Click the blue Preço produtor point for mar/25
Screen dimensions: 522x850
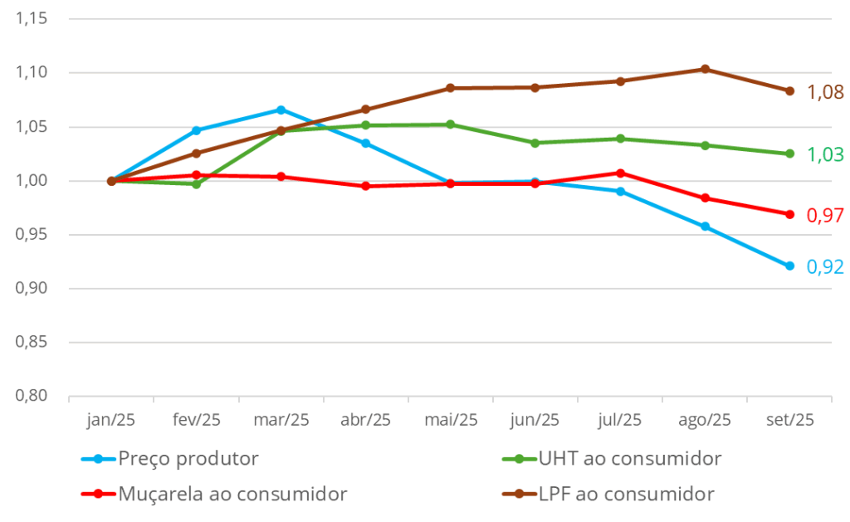pos(281,110)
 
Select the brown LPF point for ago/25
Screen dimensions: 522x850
pos(705,69)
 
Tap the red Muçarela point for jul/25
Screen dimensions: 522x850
pos(620,173)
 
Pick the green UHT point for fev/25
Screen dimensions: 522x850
pos(197,184)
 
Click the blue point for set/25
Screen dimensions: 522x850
pos(789,266)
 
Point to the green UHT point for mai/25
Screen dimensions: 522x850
pos(451,124)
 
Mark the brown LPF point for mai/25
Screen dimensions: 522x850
pos(451,88)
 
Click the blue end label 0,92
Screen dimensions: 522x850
pos(825,267)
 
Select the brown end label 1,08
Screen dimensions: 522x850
pos(825,92)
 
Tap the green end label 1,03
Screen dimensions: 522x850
pos(825,154)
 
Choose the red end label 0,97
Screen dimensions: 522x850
pos(825,215)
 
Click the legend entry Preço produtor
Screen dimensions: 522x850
pos(188,459)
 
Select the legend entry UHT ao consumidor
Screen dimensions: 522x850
pos(629,459)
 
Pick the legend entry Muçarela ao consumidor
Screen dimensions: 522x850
pos(232,494)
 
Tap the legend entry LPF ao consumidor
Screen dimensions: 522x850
pos(625,494)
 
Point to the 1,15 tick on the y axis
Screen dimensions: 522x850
pos(32,19)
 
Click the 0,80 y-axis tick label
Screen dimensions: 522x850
pos(32,396)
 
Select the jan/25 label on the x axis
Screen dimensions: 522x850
pos(110,420)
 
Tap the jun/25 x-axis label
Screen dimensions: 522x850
pos(535,420)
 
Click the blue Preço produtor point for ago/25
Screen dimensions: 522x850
pos(705,226)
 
